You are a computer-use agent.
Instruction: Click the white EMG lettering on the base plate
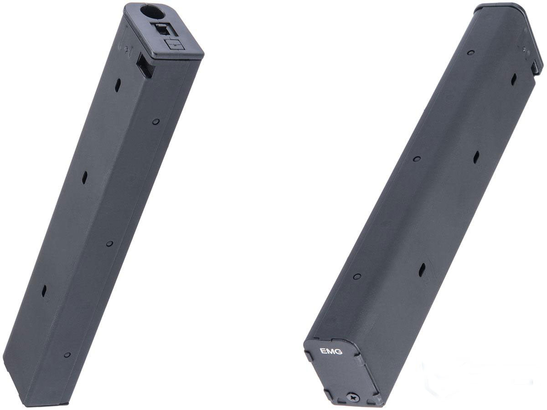[331, 351]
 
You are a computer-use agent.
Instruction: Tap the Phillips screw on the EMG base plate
[353, 397]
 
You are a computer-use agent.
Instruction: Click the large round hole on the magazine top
[153, 12]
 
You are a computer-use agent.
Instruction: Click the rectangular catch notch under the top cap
[145, 65]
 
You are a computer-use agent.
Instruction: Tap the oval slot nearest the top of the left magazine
[118, 85]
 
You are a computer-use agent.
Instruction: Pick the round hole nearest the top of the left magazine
[156, 122]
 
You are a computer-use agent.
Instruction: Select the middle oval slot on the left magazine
[84, 178]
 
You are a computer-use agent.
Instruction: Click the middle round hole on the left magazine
[109, 244]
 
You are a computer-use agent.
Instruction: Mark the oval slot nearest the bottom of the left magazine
[44, 291]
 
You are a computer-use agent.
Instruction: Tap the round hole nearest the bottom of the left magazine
[67, 354]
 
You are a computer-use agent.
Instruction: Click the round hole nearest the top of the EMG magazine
[470, 52]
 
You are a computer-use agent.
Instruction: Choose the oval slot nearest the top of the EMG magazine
[514, 79]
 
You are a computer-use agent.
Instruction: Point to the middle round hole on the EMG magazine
[416, 159]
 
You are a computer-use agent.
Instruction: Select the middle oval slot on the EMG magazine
[476, 157]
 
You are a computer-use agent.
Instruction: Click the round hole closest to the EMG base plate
[357, 277]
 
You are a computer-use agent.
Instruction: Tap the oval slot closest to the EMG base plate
[422, 270]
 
